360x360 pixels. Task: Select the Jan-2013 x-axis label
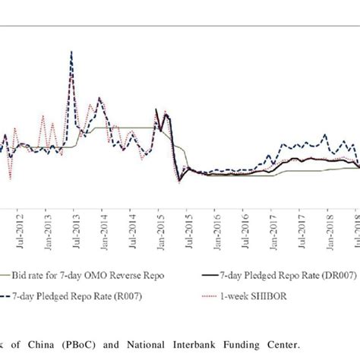(47, 229)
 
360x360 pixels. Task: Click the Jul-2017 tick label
(302, 229)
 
